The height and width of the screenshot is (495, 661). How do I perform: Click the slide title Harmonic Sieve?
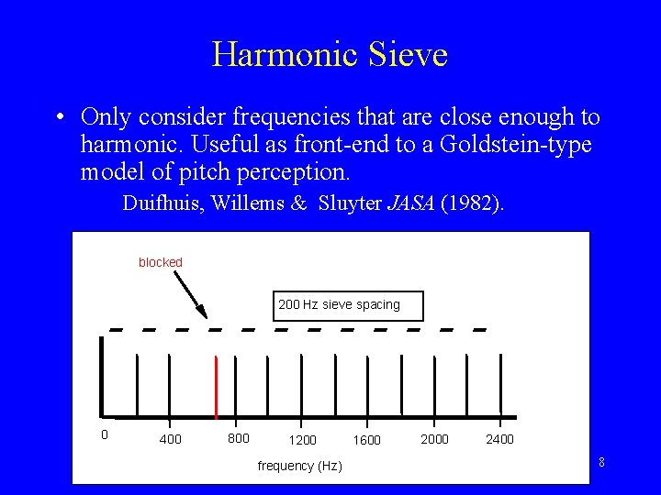(x=330, y=54)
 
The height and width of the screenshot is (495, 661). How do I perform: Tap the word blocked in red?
(x=161, y=262)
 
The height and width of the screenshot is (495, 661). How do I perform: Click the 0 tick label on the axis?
(x=104, y=434)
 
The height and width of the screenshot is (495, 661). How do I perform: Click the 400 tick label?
(x=171, y=439)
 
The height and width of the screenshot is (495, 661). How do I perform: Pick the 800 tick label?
(x=238, y=438)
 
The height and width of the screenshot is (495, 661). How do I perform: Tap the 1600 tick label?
(x=367, y=440)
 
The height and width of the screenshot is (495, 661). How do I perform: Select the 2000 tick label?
(x=434, y=439)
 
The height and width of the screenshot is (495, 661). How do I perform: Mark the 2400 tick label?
(x=499, y=439)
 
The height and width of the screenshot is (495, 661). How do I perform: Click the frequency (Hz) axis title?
(x=299, y=466)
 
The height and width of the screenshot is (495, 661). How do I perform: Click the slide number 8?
(x=601, y=462)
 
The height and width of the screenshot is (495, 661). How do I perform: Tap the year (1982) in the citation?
(x=472, y=203)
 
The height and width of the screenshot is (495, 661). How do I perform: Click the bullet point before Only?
(x=59, y=118)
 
